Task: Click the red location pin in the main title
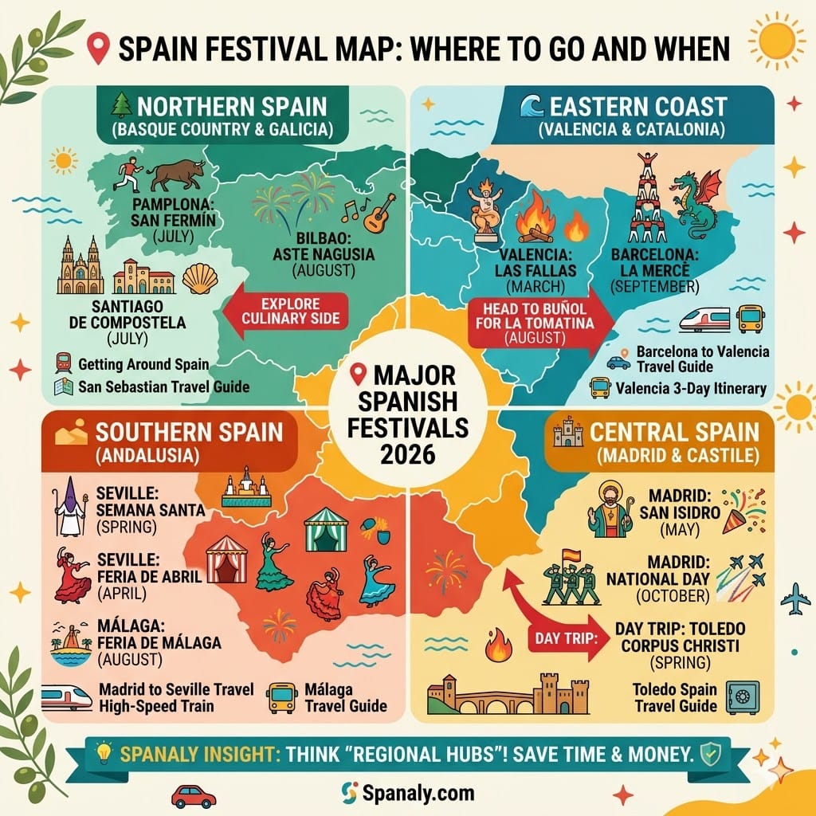pos(99,49)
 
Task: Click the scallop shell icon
pos(200,279)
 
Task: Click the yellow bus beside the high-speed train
pos(751,320)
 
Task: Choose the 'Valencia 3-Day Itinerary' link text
pos(690,389)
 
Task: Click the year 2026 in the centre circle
pos(407,455)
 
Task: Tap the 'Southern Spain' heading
pos(189,433)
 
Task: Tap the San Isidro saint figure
pos(610,509)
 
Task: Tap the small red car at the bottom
pos(193,795)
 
